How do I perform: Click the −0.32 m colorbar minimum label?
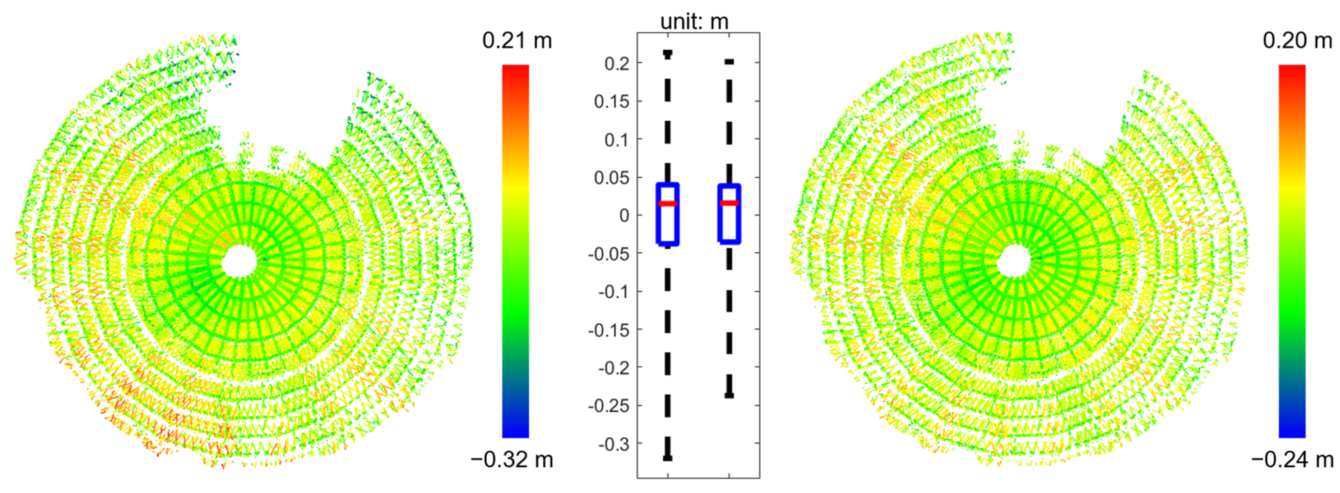512,459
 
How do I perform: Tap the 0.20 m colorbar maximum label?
1297,41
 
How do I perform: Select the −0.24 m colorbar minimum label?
1292,459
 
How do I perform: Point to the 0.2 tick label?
617,64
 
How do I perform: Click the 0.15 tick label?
612,101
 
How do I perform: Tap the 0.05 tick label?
612,178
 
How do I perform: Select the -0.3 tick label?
614,444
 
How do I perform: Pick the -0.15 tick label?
609,330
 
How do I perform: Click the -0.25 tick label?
609,406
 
